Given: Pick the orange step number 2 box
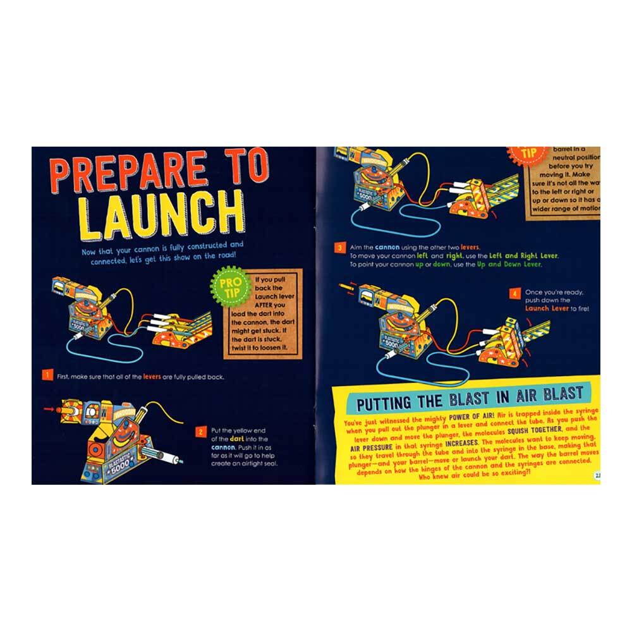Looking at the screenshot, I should [x=200, y=432].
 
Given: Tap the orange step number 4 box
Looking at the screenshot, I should [x=515, y=293].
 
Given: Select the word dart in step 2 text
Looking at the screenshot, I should [x=242, y=439].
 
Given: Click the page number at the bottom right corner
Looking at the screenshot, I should [x=595, y=477].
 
